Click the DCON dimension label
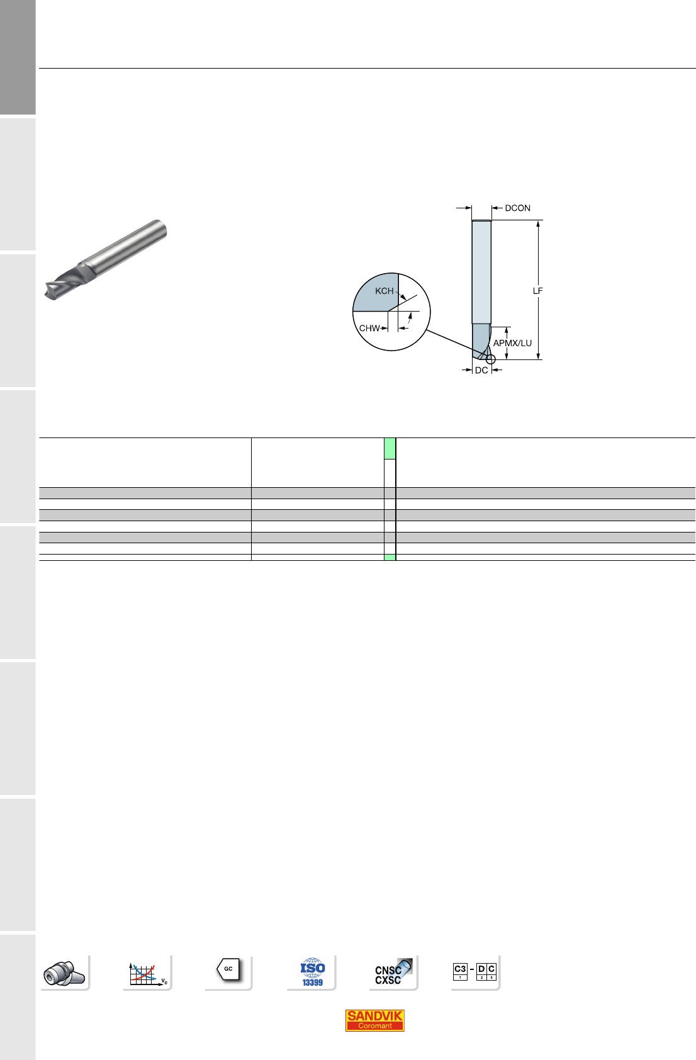(518, 208)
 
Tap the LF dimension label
(537, 291)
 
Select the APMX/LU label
(512, 343)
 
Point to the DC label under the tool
(481, 370)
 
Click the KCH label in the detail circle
(384, 291)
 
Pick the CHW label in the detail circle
(369, 328)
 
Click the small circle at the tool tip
(491, 359)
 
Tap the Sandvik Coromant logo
(374, 1020)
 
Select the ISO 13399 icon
(312, 973)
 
